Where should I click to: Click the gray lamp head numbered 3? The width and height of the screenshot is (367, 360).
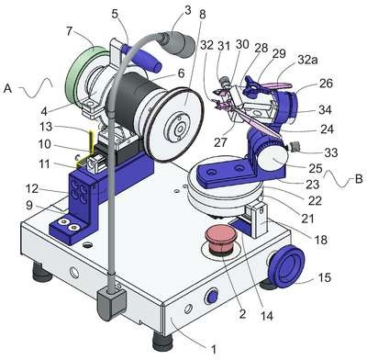[x=181, y=45]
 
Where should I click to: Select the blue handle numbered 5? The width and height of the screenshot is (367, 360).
[x=141, y=57]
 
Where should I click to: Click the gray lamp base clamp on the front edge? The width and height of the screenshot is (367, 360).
[x=111, y=303]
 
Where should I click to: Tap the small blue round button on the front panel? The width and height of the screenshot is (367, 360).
[x=211, y=297]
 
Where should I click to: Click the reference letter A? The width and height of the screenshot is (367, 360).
[x=8, y=89]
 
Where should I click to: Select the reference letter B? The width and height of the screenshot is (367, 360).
[x=359, y=178]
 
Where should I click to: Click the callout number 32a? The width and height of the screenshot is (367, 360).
[x=307, y=61]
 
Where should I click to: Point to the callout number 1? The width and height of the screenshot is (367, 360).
[x=214, y=349]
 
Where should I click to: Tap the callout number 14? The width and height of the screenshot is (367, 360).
[x=266, y=316]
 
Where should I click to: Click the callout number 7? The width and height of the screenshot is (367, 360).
[x=70, y=31]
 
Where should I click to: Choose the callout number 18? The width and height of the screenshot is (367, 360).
[x=321, y=240]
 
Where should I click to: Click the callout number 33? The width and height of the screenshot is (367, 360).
[x=331, y=152]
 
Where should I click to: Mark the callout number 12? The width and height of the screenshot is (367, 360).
[x=32, y=188]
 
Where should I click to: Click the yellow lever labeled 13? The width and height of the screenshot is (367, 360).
[x=91, y=142]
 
